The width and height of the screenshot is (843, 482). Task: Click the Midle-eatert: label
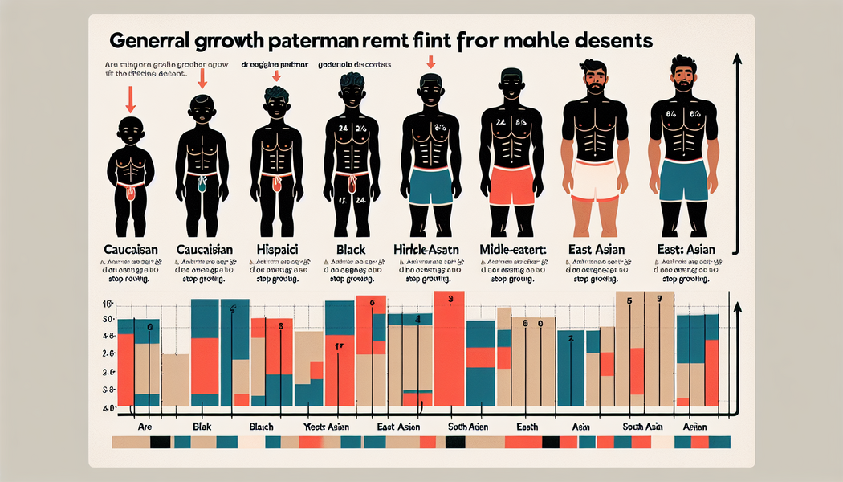tap(511, 250)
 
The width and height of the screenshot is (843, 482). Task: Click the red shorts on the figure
tap(511, 186)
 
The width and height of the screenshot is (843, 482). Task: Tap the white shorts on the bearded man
tap(595, 178)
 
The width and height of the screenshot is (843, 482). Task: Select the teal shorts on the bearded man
tap(682, 180)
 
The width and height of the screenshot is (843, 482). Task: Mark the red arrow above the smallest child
tap(131, 100)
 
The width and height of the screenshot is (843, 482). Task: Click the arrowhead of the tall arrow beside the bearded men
tap(736, 59)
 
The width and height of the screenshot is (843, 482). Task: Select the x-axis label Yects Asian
tap(323, 427)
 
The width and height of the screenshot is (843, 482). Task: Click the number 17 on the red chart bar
tap(339, 347)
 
